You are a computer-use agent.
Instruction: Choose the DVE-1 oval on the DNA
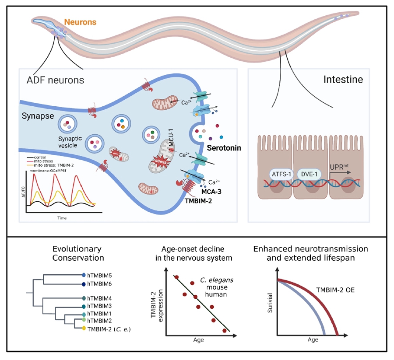310,175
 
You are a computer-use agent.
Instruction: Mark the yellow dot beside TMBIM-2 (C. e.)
84,329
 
